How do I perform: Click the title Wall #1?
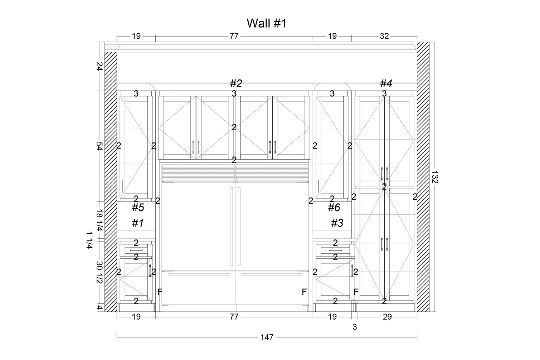click(x=267, y=23)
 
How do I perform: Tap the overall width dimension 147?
click(x=267, y=337)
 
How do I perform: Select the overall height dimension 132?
click(x=434, y=177)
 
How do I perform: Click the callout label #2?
click(x=236, y=83)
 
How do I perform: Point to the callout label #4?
click(x=386, y=83)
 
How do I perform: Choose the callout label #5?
click(x=138, y=207)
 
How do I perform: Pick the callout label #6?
click(x=334, y=207)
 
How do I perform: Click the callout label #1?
click(x=138, y=223)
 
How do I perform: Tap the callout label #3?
click(x=337, y=223)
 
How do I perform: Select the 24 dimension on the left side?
click(x=99, y=66)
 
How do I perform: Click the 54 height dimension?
click(x=99, y=146)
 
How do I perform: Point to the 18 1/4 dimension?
click(x=99, y=220)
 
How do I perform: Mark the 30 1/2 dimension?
click(x=99, y=272)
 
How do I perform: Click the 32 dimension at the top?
click(x=384, y=36)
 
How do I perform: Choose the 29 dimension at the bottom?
click(x=387, y=317)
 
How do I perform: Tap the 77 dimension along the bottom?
click(x=234, y=317)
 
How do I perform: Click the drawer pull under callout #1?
click(x=136, y=250)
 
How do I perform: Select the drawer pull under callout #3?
click(x=335, y=250)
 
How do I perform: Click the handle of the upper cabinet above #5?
click(x=122, y=186)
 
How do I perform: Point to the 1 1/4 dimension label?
click(x=89, y=240)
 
